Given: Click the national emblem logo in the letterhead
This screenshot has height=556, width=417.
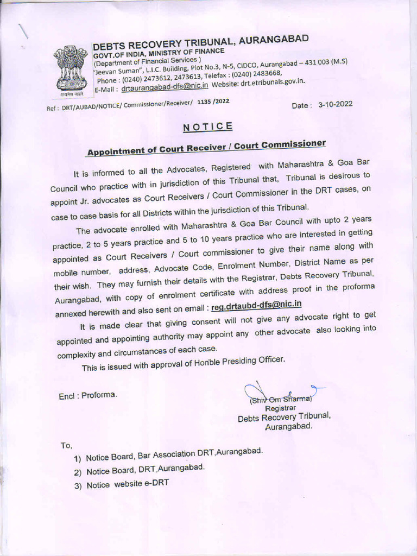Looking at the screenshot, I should pyautogui.click(x=71, y=69).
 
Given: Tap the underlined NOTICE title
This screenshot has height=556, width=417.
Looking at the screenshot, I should pyautogui.click(x=208, y=127).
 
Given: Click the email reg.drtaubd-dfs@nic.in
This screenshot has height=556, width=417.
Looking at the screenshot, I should pyautogui.click(x=256, y=306).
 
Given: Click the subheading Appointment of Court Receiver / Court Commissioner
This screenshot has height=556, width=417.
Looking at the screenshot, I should pyautogui.click(x=206, y=147).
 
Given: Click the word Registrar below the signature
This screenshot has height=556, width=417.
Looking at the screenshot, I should pyautogui.click(x=280, y=408).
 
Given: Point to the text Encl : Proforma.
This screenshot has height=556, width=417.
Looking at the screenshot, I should pyautogui.click(x=87, y=395).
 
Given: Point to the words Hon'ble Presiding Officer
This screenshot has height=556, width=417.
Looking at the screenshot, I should pyautogui.click(x=238, y=362).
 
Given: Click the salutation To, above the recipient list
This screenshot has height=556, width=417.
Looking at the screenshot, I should pyautogui.click(x=66, y=445).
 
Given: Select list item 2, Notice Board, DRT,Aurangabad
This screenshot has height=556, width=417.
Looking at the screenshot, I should pyautogui.click(x=145, y=469).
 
